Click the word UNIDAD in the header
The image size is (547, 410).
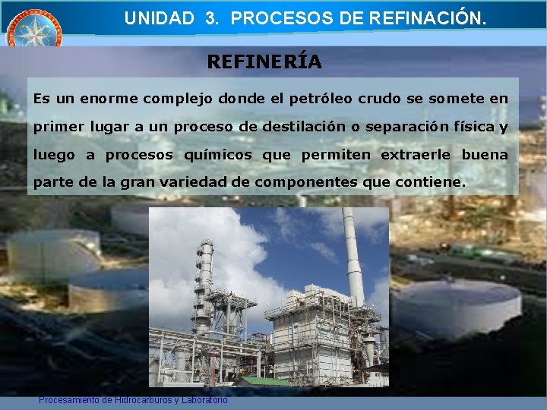(x=159, y=19)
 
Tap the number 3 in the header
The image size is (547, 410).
(x=211, y=19)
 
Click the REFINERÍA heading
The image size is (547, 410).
(x=264, y=62)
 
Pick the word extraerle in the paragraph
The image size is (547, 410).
(x=416, y=155)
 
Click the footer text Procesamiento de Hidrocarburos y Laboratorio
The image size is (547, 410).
(x=133, y=399)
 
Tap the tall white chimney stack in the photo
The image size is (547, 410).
(x=352, y=258)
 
